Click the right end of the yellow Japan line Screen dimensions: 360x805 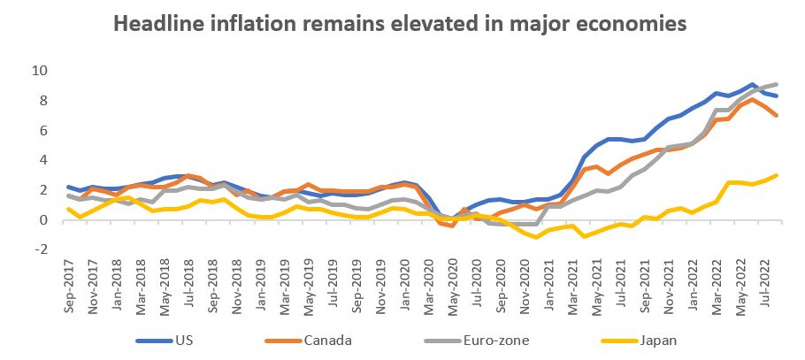click(777, 175)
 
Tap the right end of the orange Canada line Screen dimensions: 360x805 click(777, 115)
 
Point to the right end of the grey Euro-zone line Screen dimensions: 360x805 click(777, 84)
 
